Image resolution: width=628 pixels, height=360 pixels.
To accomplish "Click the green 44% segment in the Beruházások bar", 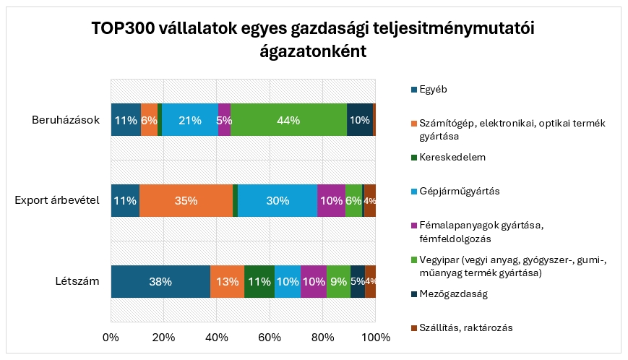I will point(288,121).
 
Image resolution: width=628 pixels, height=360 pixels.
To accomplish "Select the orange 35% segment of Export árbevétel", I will point(186,201).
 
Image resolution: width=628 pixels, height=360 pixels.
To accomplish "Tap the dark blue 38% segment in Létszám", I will point(160,281).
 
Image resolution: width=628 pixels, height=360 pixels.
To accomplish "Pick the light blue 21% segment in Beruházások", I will point(189,121).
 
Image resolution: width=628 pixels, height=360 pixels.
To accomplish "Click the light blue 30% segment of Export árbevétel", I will point(278,201).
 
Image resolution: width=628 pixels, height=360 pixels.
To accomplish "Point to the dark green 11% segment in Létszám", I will point(259,281).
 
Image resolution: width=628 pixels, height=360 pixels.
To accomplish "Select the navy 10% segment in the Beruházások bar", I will point(359,121).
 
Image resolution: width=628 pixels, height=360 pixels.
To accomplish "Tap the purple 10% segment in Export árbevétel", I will point(331,201).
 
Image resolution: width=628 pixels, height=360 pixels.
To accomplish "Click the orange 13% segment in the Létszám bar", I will point(227,281).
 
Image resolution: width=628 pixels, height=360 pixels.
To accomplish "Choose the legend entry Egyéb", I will point(434,90).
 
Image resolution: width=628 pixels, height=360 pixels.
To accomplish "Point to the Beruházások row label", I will point(65,120).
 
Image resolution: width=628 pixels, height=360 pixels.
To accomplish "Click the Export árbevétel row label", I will point(56,200).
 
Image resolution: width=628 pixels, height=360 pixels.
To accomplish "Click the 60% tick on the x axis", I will point(270,338).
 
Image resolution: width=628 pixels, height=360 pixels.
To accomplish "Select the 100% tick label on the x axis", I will point(375,338).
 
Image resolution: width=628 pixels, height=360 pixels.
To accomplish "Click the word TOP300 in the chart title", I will point(121,29).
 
